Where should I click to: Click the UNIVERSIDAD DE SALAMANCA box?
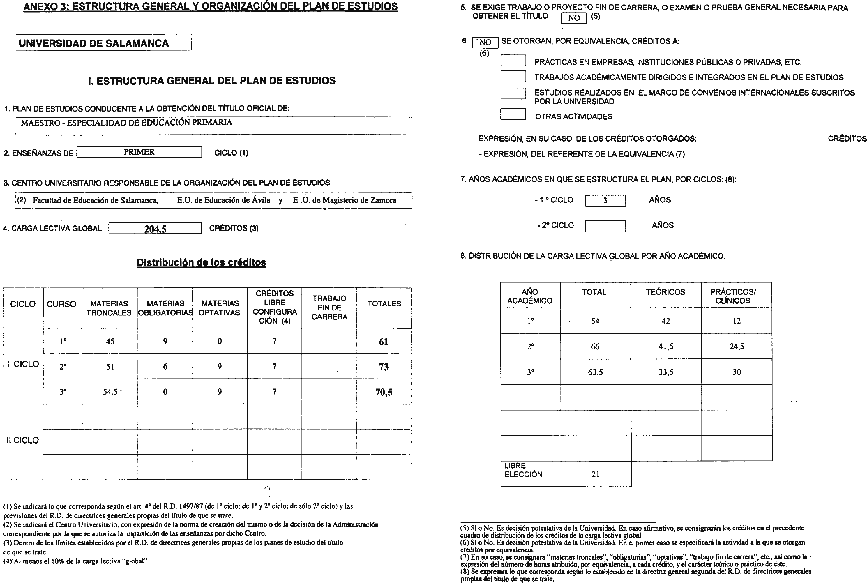(103, 43)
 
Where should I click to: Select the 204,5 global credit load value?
(155, 229)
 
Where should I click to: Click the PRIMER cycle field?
(139, 152)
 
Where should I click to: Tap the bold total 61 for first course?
(383, 342)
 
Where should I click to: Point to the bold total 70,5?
(384, 392)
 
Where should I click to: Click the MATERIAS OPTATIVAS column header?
(219, 308)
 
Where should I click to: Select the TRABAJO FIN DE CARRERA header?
(329, 308)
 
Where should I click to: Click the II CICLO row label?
(23, 441)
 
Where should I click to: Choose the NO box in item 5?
(574, 17)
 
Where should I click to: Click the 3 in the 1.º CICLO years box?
(605, 200)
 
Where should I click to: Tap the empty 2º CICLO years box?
(605, 226)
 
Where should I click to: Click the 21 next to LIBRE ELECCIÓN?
(596, 474)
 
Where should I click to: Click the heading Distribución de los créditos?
(201, 262)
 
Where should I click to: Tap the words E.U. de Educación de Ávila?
(223, 200)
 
